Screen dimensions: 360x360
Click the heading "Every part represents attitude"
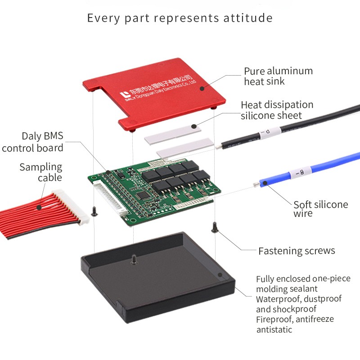coord(180,18)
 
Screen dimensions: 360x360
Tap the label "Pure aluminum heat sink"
coord(278,76)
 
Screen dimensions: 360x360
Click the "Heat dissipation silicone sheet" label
coord(277,110)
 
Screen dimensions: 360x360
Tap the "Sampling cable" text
coord(40,172)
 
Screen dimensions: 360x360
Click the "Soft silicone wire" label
coord(320,209)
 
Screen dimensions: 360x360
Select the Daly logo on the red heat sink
coord(124,95)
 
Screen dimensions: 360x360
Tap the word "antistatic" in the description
coord(274,330)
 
